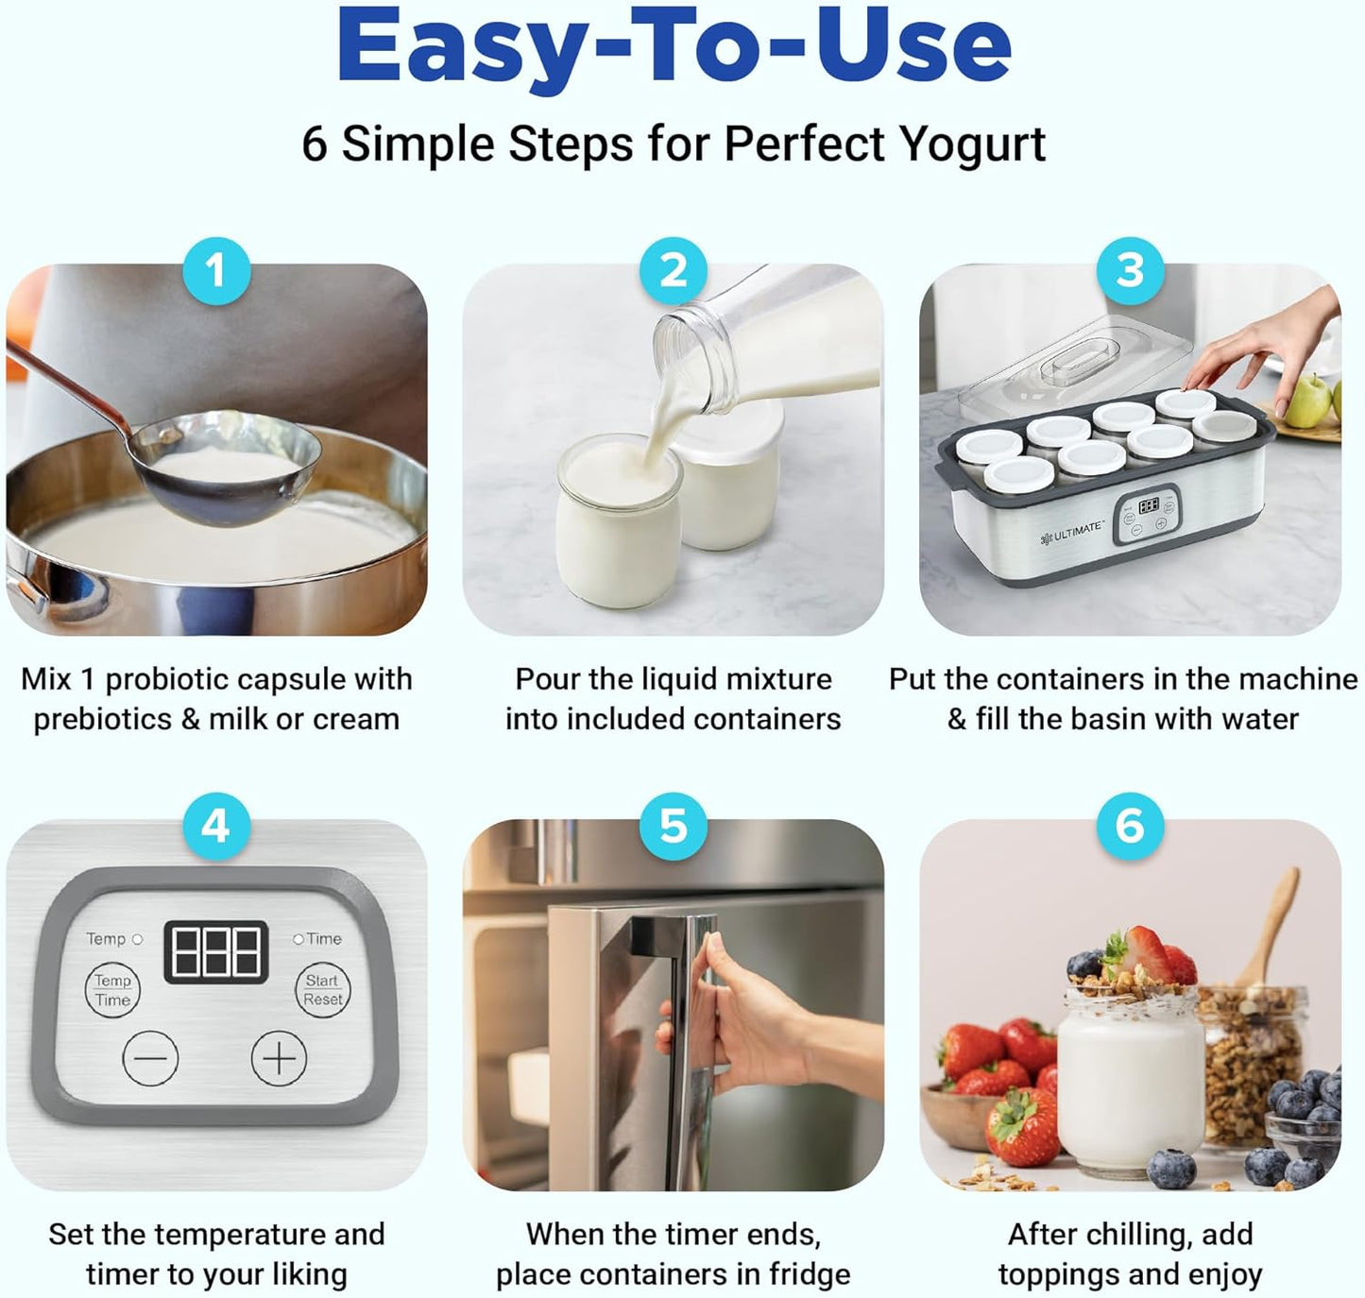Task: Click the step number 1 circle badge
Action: (215, 271)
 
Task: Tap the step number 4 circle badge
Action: (215, 827)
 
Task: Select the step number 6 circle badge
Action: (1130, 827)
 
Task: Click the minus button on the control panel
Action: (150, 1058)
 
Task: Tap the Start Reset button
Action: (323, 990)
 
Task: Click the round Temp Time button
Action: (112, 990)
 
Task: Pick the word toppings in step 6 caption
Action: (1059, 1274)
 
